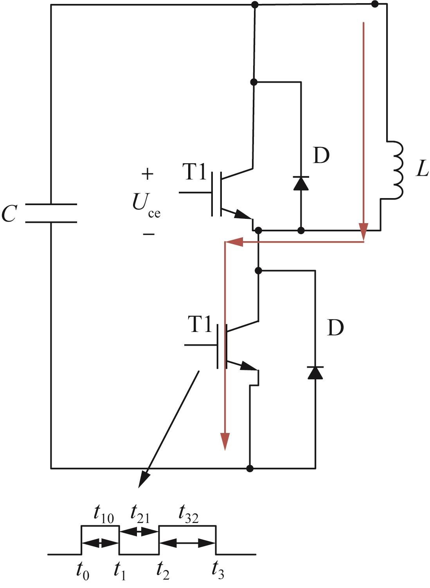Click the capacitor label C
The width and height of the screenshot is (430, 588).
click(9, 213)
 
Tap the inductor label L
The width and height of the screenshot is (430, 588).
click(422, 168)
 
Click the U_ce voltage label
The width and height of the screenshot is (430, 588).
click(146, 206)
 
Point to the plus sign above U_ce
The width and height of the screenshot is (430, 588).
click(148, 173)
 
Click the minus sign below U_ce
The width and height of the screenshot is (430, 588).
click(149, 234)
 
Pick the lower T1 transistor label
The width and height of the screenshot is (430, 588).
click(200, 324)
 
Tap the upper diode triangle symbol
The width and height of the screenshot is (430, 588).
click(301, 183)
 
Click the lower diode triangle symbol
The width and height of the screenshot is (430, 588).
click(315, 372)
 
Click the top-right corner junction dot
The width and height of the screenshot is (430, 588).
click(375, 4)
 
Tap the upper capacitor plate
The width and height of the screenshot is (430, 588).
click(51, 204)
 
